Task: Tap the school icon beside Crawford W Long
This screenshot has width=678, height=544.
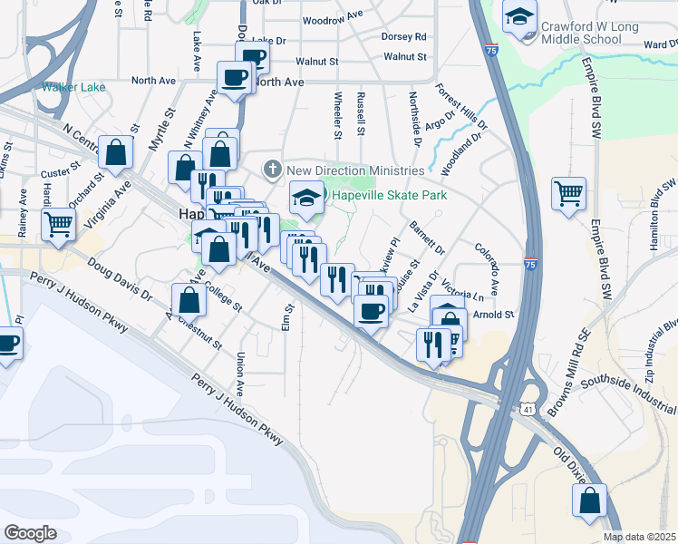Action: coord(520,16)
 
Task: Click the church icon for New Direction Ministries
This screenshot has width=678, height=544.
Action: coord(271,170)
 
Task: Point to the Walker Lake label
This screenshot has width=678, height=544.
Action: coord(73,88)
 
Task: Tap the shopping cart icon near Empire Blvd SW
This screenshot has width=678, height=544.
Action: coord(568,192)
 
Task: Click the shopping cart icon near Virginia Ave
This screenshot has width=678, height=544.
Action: coord(58,222)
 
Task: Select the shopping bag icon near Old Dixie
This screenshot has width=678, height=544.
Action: coord(590,500)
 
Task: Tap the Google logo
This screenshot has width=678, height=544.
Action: coord(30,533)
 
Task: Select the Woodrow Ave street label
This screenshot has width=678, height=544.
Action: coord(332,20)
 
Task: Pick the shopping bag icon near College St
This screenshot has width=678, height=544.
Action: coord(188,299)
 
